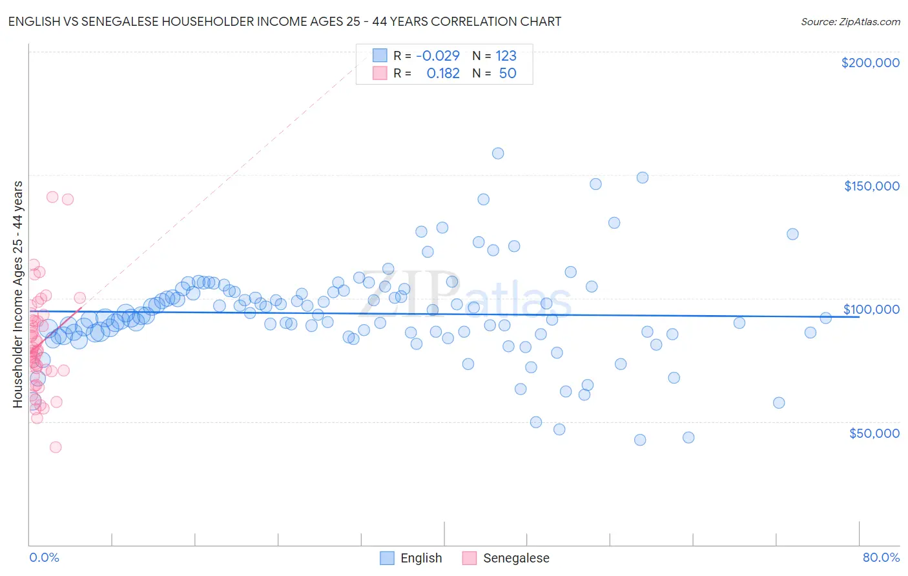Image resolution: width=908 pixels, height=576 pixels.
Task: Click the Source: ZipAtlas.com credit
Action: pos(850,21)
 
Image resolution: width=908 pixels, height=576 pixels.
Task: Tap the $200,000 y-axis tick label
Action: pos(870,63)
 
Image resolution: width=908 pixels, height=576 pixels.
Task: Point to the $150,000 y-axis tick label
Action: pos(871,186)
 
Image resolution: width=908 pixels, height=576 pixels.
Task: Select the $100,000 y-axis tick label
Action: pos(871,309)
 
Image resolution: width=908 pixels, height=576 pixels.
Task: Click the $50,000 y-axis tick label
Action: pos(874,433)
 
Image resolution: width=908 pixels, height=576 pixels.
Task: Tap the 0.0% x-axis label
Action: pos(44,557)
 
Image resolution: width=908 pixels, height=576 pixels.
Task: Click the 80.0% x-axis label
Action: pos(881,557)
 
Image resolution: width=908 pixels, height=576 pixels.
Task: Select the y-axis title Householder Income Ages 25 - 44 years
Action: pos(17,294)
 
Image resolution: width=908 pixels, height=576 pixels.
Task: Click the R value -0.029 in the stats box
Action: pos(437,56)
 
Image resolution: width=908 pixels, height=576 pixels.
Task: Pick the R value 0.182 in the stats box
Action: pos(443,73)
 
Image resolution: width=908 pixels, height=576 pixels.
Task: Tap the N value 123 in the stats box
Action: pos(506,56)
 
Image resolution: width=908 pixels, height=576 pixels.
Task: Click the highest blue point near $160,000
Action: pos(498,153)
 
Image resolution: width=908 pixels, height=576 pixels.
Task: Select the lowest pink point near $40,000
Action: pos(56,447)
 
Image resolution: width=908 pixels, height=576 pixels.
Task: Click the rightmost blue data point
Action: pos(825,318)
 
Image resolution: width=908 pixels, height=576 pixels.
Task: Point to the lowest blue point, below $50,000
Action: pos(640,440)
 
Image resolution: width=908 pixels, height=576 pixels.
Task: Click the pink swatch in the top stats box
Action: pos(380,73)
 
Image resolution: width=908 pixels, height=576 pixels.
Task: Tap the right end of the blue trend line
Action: pos(859,316)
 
